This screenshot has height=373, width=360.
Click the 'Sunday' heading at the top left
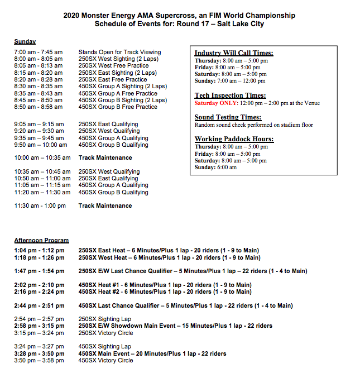[x=25, y=42]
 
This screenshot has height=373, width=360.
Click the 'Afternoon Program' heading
[x=41, y=241]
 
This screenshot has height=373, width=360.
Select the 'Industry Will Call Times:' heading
[x=234, y=53]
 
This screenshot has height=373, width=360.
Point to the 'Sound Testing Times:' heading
[x=228, y=117]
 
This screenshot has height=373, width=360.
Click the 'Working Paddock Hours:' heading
[x=234, y=139]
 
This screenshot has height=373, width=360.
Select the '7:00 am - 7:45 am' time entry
[x=39, y=52]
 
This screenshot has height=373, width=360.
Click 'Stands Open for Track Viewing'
[x=119, y=52]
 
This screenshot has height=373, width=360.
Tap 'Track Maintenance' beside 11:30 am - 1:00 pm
[x=105, y=206]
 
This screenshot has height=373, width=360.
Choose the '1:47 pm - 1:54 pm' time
[x=39, y=271]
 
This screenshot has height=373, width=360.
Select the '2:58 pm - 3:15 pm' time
[x=39, y=326]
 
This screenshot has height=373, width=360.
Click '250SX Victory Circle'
[x=105, y=333]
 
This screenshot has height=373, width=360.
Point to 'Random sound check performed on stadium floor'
[x=254, y=125]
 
